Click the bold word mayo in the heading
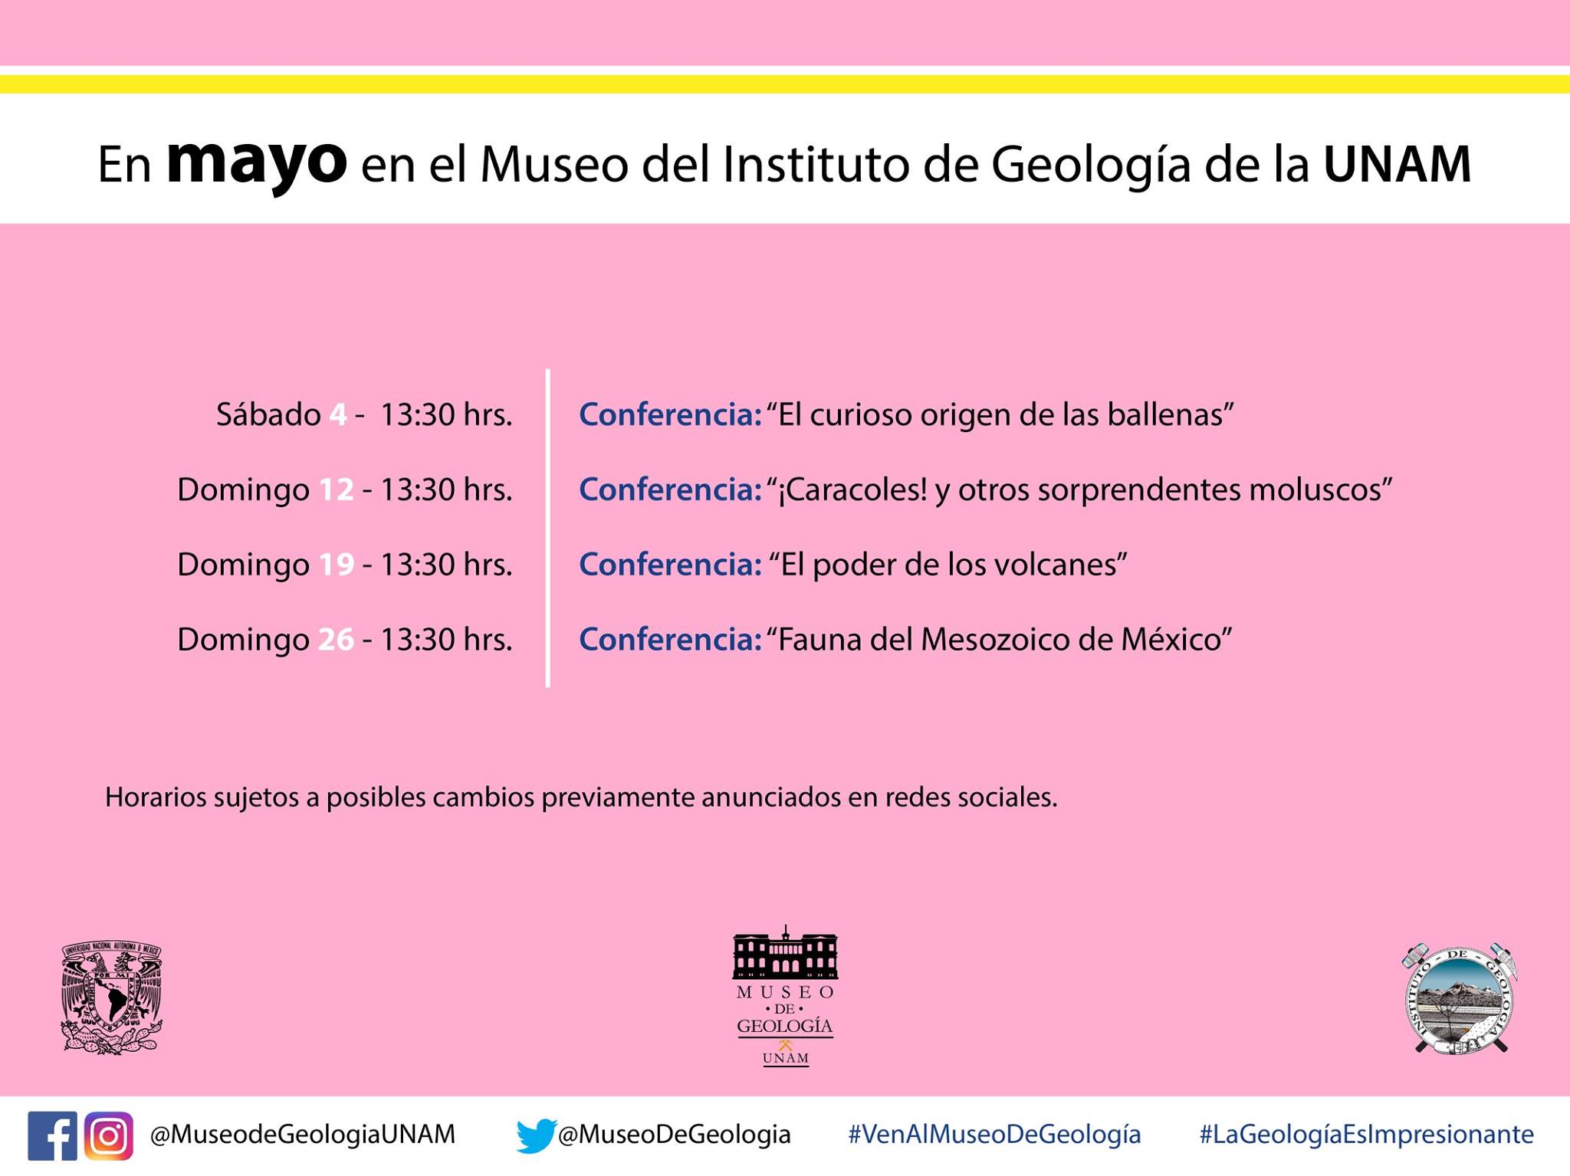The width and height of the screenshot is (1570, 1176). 257,162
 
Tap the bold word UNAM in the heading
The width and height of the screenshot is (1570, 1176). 1398,164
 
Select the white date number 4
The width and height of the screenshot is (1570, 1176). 338,414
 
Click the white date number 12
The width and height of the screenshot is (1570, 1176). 336,490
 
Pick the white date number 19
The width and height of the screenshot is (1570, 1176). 336,565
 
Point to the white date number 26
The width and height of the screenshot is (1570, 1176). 336,639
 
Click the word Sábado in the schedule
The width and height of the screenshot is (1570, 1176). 268,414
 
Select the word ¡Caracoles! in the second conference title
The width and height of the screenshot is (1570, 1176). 852,490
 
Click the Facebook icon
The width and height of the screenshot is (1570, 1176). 52,1135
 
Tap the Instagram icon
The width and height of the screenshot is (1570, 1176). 109,1135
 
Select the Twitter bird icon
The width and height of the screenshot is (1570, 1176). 536,1135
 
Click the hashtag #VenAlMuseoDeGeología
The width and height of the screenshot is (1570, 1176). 994,1135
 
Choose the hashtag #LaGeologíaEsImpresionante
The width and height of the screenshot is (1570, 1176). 1367,1135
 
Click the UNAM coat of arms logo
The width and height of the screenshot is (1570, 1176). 112,997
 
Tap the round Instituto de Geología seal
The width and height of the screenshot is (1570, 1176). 1460,998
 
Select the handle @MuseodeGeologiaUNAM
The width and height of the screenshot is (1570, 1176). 303,1135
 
